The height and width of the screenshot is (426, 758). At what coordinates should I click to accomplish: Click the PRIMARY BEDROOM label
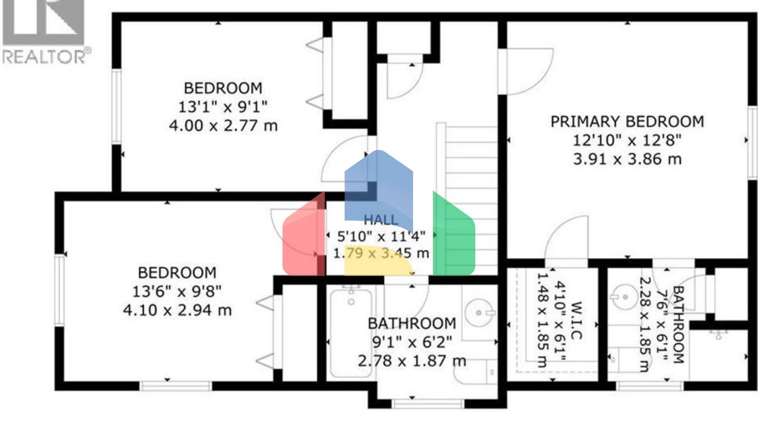tap(627, 122)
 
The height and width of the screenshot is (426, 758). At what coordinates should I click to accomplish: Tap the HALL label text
tap(380, 220)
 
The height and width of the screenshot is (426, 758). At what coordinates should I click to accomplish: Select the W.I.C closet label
tap(575, 320)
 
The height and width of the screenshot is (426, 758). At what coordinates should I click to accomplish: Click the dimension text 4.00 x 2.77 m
tap(223, 126)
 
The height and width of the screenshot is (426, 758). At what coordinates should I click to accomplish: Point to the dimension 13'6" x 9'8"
tap(177, 291)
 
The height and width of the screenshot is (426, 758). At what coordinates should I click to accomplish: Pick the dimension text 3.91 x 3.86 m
tap(627, 159)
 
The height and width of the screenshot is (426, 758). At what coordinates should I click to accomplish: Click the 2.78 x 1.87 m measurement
tap(412, 361)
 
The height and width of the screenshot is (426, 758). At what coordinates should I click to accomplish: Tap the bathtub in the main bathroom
tap(350, 333)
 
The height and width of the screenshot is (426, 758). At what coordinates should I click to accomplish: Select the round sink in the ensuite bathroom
tap(624, 297)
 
